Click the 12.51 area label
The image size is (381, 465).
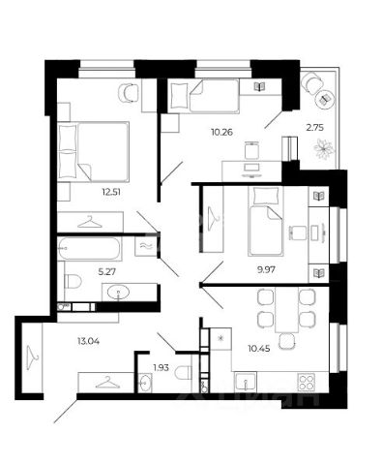111,192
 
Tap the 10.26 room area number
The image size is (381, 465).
221,132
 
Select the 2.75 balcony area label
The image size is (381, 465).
314,127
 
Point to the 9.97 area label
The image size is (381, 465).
266,269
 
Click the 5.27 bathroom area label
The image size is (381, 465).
106,272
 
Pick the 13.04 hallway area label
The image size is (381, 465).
88,341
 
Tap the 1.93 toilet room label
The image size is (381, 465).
161,367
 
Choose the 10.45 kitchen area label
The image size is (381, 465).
258,349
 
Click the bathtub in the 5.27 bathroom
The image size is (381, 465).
89,248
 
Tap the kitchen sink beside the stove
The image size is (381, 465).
246,382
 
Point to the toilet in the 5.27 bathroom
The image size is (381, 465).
73,281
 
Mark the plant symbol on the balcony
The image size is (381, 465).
324,149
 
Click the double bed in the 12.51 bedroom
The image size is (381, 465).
94,151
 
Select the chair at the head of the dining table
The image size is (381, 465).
286,341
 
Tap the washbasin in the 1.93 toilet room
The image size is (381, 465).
144,383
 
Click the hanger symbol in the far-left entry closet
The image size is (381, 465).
32,356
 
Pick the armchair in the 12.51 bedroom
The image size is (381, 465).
129,93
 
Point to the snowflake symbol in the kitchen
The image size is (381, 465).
220,338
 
